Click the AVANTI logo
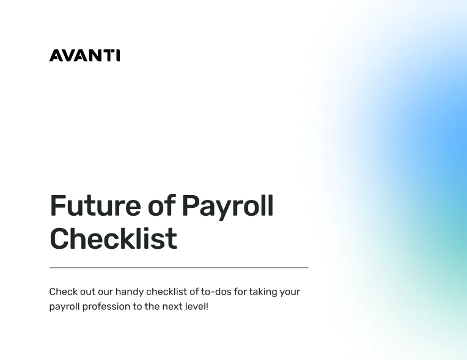tap(84, 56)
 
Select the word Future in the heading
tap(95, 206)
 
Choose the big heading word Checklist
tap(113, 238)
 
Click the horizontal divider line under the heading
tap(178, 268)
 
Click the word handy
tap(130, 292)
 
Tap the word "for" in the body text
tap(240, 292)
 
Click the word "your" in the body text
tap(290, 292)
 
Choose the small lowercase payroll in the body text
tap(64, 307)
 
